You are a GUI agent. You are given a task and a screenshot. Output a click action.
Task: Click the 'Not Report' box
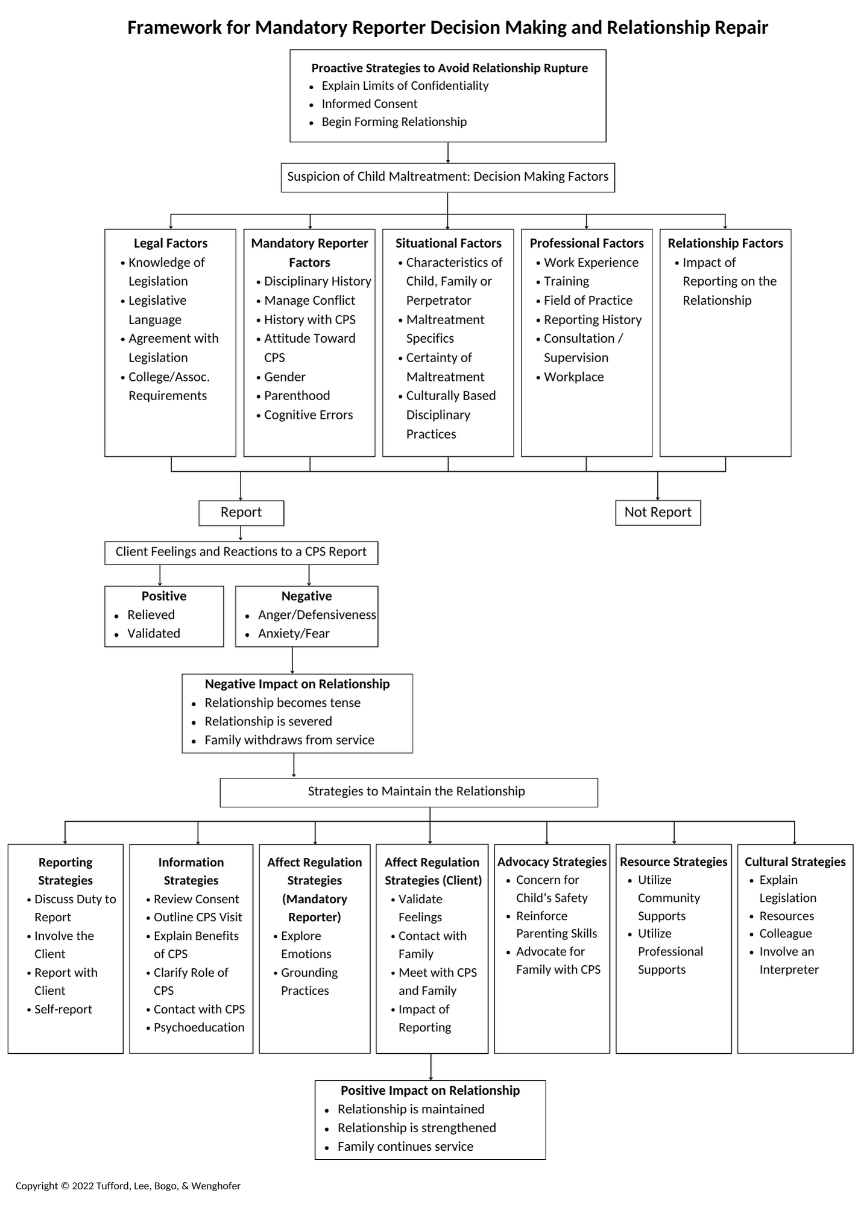click(x=658, y=513)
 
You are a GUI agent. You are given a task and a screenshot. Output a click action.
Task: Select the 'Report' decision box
click(x=241, y=513)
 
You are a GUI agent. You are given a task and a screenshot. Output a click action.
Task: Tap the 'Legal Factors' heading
click(x=171, y=243)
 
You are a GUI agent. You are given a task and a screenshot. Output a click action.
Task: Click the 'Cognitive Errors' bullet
click(x=308, y=415)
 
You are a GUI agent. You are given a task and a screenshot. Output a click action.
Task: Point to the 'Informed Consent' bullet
click(x=370, y=104)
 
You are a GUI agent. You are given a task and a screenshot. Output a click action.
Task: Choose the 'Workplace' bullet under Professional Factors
click(x=574, y=377)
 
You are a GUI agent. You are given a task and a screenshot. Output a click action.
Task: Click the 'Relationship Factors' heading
click(x=725, y=243)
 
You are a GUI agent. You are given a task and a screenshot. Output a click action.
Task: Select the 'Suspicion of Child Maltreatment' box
click(x=448, y=177)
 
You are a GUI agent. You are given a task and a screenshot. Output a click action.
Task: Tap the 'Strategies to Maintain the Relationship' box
click(x=409, y=792)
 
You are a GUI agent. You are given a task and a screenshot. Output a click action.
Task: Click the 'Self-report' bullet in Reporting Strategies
click(x=63, y=1009)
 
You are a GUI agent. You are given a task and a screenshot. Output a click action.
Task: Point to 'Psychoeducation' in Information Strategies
click(x=199, y=1027)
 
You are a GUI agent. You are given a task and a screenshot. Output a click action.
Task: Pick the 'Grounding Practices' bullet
click(x=309, y=981)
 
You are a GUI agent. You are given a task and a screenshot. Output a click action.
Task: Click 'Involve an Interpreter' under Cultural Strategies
click(x=789, y=960)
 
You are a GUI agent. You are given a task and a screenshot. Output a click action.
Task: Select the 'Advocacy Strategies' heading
click(x=552, y=862)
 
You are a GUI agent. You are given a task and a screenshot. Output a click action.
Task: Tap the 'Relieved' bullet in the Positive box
click(x=151, y=615)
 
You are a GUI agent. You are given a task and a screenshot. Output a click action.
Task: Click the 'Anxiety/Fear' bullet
click(x=294, y=633)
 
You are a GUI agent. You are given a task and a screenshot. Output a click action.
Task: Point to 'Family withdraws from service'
click(x=289, y=740)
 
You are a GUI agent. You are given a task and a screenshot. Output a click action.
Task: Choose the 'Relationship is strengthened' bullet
click(x=417, y=1128)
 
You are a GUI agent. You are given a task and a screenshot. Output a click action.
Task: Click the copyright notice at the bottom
click(x=128, y=1186)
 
